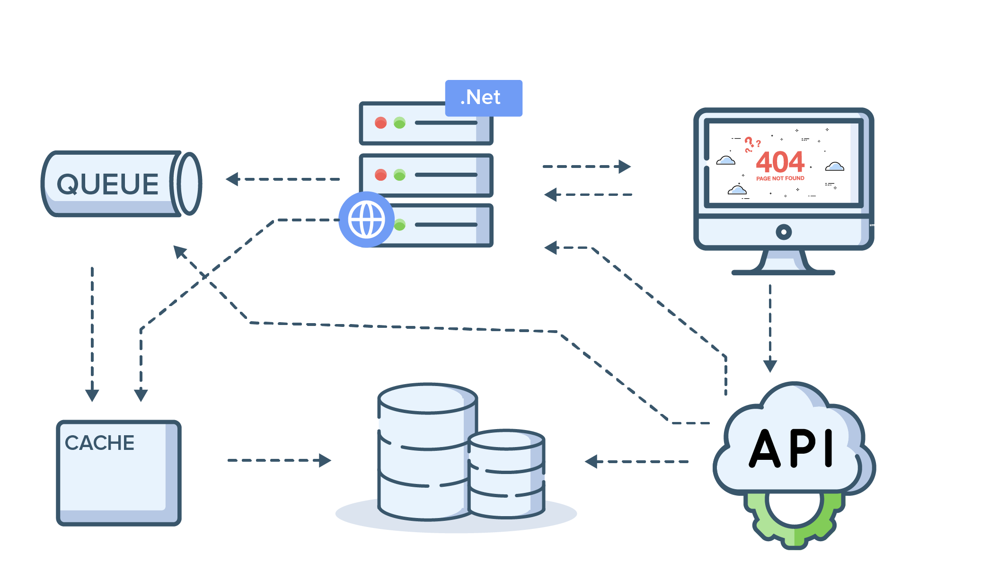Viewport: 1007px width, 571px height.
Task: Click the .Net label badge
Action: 483,98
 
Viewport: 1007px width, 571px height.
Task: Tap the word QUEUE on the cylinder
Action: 107,184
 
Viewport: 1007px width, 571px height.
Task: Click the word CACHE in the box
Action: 99,443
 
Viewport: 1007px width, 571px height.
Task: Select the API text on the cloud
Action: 791,448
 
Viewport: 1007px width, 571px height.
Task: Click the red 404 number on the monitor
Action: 780,162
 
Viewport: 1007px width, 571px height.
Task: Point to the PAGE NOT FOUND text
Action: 780,178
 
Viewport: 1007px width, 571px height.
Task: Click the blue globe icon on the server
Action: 366,220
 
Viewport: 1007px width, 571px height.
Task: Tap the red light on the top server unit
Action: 380,123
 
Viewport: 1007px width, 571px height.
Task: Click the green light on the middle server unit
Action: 399,175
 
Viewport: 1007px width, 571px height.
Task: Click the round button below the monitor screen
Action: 784,232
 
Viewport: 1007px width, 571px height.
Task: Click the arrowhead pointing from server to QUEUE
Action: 232,179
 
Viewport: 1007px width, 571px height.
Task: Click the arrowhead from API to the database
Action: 591,461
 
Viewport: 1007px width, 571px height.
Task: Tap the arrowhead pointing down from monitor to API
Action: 770,365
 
